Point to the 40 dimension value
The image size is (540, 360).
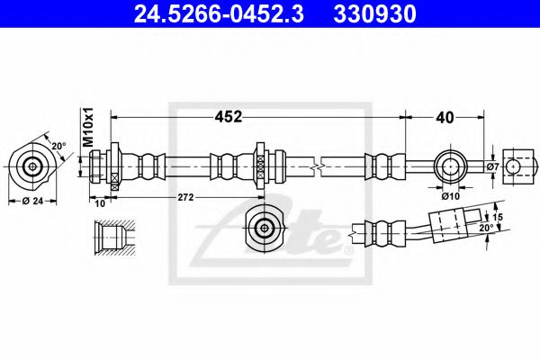(x=444, y=116)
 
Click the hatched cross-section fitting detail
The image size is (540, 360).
(x=114, y=238)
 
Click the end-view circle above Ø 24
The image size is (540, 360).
(x=33, y=166)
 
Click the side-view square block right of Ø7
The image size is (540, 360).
(x=516, y=166)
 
